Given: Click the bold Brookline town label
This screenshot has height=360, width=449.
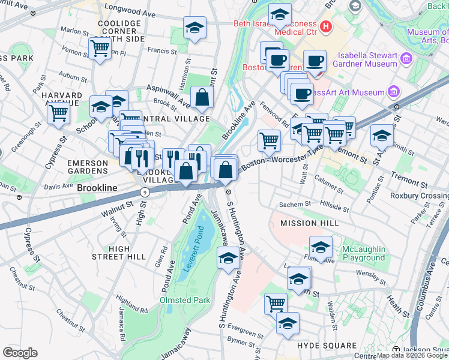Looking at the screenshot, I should (97, 188).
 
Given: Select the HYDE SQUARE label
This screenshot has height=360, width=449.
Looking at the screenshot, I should (327, 346).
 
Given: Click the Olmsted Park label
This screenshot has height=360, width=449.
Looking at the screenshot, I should (184, 300).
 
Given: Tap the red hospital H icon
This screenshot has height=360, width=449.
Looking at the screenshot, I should (325, 26).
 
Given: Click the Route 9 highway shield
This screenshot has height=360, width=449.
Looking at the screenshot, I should (144, 192).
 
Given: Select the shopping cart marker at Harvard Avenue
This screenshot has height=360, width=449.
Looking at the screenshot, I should (58, 112).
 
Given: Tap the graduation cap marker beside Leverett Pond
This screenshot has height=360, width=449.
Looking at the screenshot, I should (228, 259).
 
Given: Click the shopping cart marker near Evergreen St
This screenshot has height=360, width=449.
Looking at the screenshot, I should (276, 303).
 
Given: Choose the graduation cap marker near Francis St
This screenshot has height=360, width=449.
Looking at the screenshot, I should (194, 28).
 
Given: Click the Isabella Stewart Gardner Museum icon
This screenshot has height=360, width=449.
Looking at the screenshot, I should (406, 59).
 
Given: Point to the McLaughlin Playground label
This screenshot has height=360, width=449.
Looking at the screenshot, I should (363, 253).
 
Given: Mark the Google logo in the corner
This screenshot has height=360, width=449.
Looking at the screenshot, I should (20, 353).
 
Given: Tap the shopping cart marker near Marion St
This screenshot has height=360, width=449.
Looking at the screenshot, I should (100, 47).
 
